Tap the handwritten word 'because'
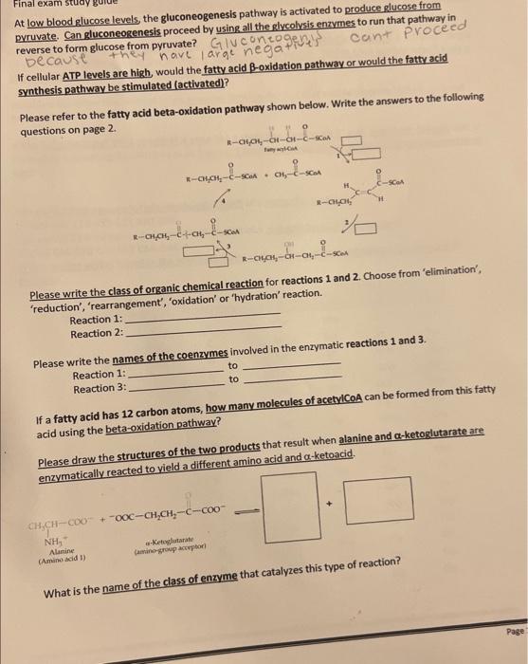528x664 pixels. pos(54,57)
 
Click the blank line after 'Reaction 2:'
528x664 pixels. pos(203,331)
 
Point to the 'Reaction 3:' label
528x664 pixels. pos(100,388)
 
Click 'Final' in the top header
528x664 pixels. pos(18,4)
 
